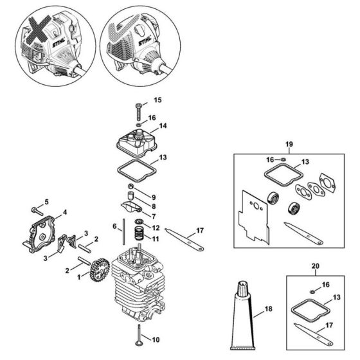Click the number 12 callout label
pos(156,228)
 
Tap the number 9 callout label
pos(154,196)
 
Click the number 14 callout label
pos(163,126)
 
